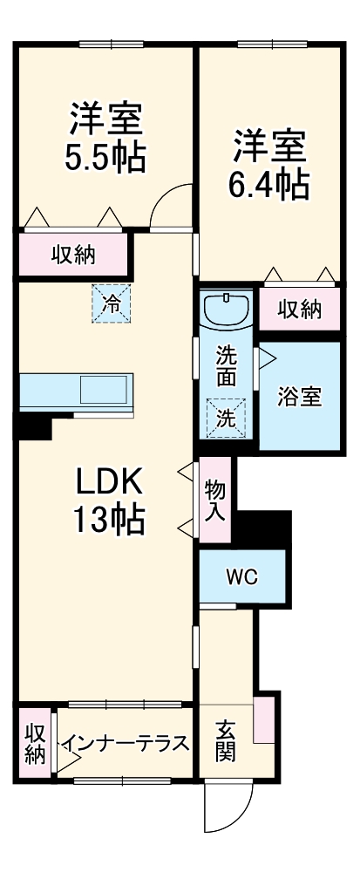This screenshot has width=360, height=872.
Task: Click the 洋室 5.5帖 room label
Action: pos(105,137)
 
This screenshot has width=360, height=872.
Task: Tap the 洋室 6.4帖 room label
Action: pos(268,165)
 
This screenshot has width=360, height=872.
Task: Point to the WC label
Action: pos(241,577)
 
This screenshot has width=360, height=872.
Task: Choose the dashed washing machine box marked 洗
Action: pos(226,417)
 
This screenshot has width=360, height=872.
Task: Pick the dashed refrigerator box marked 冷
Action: pos(111,303)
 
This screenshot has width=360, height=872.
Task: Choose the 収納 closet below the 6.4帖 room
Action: pos(300,309)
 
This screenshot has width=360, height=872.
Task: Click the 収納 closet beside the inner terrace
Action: pos(35,744)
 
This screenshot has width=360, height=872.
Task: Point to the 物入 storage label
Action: pos(215,501)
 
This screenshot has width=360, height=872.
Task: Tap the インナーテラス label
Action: pos(125,744)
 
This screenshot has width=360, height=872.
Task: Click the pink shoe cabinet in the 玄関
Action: pos(264,719)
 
